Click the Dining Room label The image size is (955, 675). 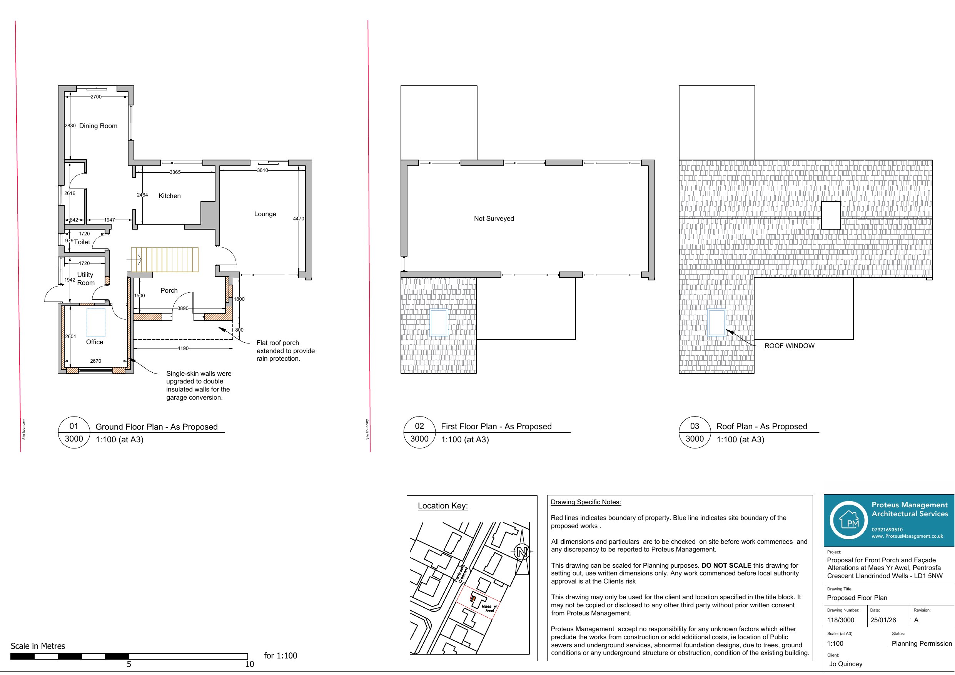point(98,126)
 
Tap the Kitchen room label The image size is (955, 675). point(170,196)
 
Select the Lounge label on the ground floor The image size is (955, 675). point(265,214)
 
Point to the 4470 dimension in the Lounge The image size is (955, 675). point(299,219)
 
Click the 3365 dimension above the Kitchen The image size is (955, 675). point(175,172)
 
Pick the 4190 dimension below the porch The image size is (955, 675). point(183,348)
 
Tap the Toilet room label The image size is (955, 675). point(82,242)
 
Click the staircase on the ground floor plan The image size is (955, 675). point(165,260)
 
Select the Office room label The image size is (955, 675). point(94,342)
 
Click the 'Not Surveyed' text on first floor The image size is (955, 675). point(494,219)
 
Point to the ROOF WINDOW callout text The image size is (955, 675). point(789,346)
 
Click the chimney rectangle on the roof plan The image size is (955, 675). point(831,215)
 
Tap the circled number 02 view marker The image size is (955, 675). point(419,426)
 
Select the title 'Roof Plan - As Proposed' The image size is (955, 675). point(761,427)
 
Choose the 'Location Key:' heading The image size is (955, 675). point(442,506)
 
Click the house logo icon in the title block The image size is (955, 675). point(848,520)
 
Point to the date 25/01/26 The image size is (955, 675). point(883,620)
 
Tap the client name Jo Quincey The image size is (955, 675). point(846,664)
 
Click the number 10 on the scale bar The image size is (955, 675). point(250,664)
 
